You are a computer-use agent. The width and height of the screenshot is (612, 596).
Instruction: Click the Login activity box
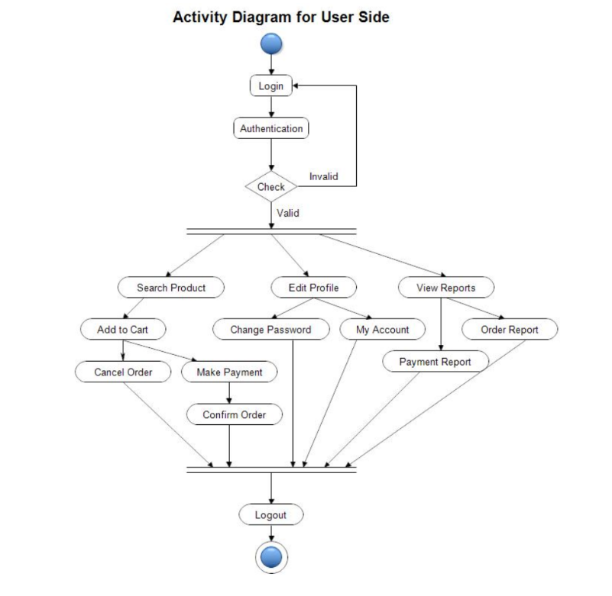[270, 86]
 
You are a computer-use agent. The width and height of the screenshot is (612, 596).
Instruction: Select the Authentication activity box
[271, 128]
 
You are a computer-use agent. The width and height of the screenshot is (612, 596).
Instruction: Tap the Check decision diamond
[270, 186]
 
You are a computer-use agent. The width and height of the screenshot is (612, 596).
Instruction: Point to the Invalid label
[323, 176]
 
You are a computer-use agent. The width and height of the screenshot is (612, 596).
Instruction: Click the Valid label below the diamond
[287, 213]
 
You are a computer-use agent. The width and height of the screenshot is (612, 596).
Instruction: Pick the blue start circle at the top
[271, 44]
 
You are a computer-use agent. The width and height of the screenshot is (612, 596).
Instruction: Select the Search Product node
[171, 288]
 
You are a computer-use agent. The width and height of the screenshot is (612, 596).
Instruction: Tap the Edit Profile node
[313, 288]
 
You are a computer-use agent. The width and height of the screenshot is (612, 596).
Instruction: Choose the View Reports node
[446, 288]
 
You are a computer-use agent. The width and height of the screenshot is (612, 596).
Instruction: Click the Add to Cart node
[122, 330]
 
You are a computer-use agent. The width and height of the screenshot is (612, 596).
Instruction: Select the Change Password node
[270, 330]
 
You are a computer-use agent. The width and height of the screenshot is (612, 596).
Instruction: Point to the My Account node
[383, 330]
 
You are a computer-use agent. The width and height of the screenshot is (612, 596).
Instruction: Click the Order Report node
[510, 330]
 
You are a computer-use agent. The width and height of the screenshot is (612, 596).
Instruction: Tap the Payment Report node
[435, 362]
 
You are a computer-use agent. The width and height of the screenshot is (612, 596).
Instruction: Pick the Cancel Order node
[123, 372]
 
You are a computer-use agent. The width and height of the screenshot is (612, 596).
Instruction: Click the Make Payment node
[229, 372]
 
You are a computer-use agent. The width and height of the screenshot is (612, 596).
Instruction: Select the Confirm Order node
[234, 414]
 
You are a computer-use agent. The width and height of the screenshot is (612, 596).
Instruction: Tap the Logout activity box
[270, 514]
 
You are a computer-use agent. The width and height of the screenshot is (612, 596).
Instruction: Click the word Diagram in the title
[257, 17]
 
